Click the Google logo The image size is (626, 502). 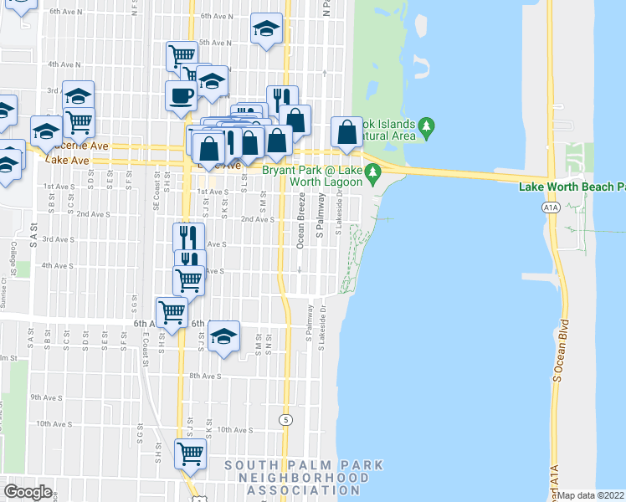[x=28, y=491]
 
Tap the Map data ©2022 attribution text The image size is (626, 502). [x=591, y=495]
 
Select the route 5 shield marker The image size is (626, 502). [x=286, y=419]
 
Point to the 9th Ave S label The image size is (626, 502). [x=46, y=397]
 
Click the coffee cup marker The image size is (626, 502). [x=181, y=95]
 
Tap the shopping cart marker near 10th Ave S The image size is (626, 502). [x=191, y=453]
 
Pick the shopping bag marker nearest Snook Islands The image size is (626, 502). [x=346, y=131]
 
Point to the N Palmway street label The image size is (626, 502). [x=325, y=10]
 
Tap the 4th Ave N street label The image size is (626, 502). [x=64, y=64]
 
